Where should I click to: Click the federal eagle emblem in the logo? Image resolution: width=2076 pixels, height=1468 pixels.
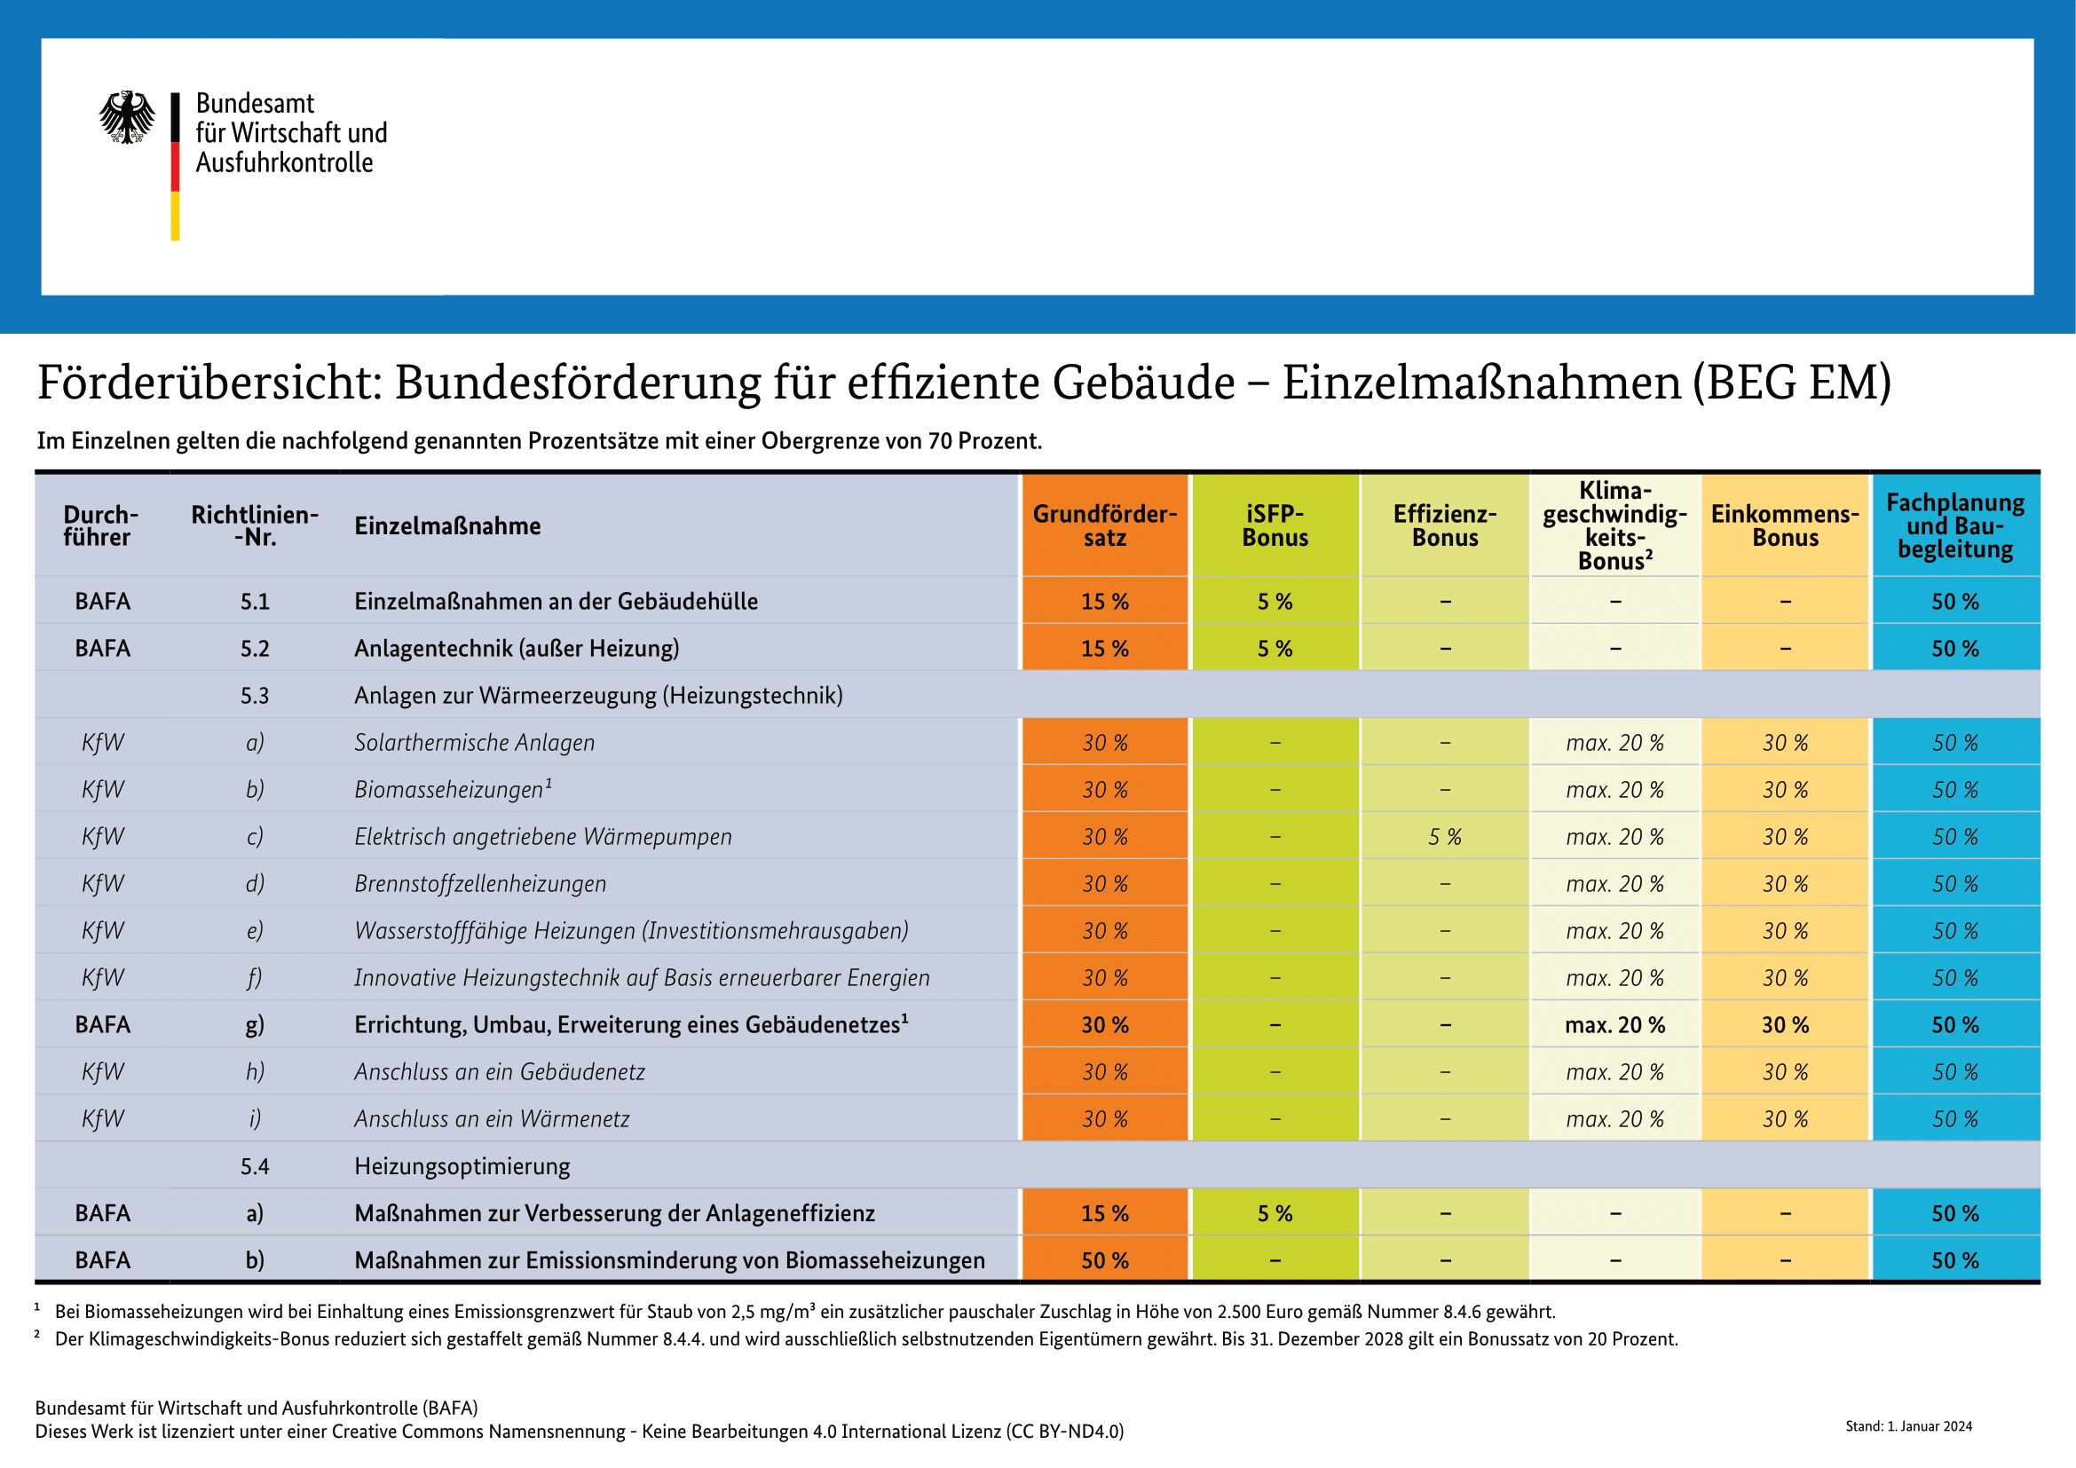(x=127, y=116)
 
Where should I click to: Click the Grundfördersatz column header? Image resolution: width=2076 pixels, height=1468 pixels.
(x=1105, y=525)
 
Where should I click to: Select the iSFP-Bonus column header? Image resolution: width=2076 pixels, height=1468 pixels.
(x=1275, y=525)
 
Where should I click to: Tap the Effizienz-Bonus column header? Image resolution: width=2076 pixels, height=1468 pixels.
(x=1445, y=525)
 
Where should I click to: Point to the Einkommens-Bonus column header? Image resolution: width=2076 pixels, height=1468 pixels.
(x=1785, y=525)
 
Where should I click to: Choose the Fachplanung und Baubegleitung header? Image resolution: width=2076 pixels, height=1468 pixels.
(x=1954, y=525)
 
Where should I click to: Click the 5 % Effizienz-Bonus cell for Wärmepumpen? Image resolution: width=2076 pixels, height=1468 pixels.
(x=1445, y=837)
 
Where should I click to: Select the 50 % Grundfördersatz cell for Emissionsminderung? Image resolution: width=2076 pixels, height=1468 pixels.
(x=1105, y=1260)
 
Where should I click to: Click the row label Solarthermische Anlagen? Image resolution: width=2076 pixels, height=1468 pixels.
(x=475, y=743)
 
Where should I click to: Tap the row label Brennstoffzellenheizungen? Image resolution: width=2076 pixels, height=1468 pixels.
(x=480, y=884)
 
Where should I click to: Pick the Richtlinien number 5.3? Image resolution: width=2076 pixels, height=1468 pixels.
(x=255, y=696)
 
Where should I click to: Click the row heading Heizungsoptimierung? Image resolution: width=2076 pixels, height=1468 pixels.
(x=462, y=1166)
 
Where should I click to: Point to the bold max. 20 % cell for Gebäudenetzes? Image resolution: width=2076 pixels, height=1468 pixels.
(x=1614, y=1025)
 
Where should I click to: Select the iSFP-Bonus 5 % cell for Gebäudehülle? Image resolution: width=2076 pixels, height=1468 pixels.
(x=1275, y=602)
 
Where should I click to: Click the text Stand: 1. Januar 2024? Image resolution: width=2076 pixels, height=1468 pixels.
(x=1909, y=1426)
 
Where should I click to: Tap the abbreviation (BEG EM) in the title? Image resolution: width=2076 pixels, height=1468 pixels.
(x=1792, y=383)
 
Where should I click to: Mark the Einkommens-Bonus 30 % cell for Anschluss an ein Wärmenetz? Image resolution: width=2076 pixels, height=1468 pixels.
(x=1785, y=1119)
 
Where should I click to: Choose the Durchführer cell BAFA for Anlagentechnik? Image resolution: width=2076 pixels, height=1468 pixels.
(x=103, y=649)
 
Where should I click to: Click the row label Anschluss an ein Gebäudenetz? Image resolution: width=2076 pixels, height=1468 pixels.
(x=500, y=1072)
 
